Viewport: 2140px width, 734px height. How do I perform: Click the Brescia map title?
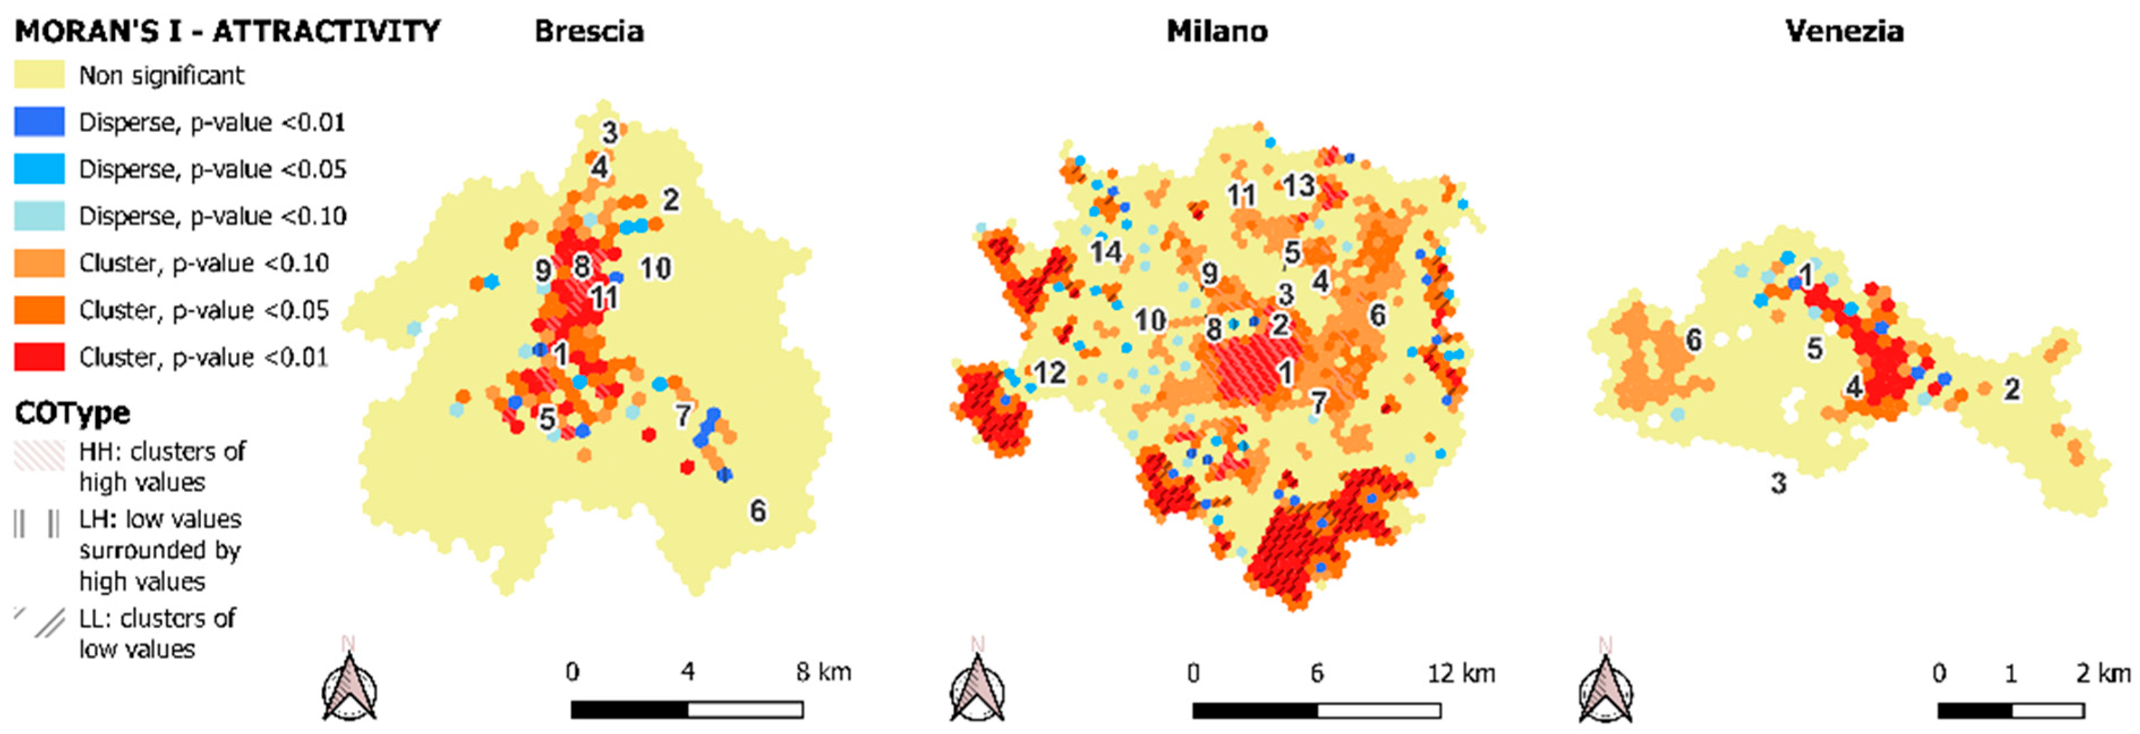pyautogui.click(x=588, y=32)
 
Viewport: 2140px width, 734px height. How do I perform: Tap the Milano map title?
pyautogui.click(x=1216, y=32)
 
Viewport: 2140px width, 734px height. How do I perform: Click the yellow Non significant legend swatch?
pyautogui.click(x=39, y=75)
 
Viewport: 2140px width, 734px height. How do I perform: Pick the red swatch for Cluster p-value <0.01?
pyautogui.click(x=39, y=357)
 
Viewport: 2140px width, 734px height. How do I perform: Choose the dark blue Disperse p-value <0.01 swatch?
pyautogui.click(x=39, y=122)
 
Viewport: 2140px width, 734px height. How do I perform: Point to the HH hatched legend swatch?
pyautogui.click(x=39, y=454)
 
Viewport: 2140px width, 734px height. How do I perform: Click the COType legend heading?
pyautogui.click(x=73, y=412)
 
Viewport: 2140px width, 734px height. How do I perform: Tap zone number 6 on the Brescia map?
pyautogui.click(x=758, y=510)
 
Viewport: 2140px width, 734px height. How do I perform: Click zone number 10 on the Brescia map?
pyautogui.click(x=655, y=269)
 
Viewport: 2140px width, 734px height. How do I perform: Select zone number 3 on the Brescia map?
pyautogui.click(x=610, y=132)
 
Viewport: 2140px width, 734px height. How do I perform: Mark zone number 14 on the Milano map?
pyautogui.click(x=1106, y=251)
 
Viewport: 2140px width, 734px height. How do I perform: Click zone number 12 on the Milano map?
pyautogui.click(x=1049, y=372)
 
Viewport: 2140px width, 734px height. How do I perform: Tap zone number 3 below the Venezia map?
pyautogui.click(x=1778, y=483)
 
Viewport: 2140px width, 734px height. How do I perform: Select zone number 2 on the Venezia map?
pyautogui.click(x=2011, y=389)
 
